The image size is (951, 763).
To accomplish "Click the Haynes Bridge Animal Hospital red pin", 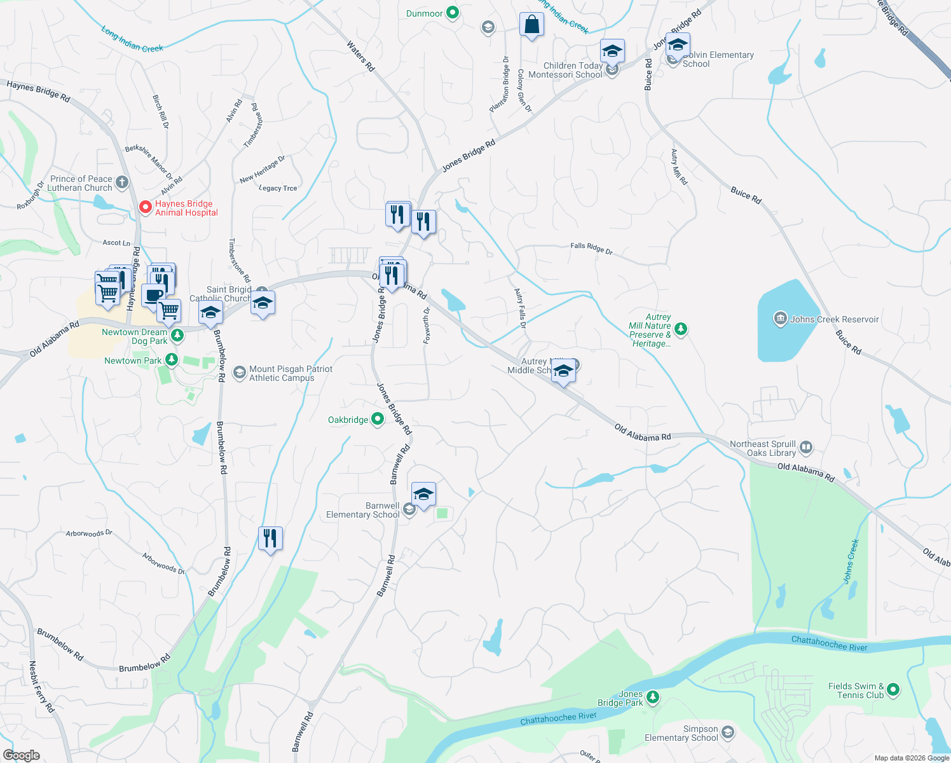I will [x=145, y=207].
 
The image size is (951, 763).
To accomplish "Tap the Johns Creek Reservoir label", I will [x=834, y=319].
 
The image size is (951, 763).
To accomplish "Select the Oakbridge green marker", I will [x=378, y=419].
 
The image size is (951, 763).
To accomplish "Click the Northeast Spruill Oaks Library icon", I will [x=806, y=448].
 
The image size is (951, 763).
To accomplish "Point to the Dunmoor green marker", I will [x=453, y=13].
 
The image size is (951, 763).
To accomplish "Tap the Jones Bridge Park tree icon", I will [x=652, y=698].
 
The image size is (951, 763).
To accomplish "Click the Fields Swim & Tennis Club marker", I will [x=893, y=690].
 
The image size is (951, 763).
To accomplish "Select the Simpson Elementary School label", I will [x=681, y=734].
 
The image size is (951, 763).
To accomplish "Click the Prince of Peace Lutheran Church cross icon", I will [x=122, y=183].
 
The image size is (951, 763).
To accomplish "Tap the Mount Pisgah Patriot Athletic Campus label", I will [x=291, y=373].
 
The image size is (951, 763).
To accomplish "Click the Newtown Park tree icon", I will [x=171, y=360].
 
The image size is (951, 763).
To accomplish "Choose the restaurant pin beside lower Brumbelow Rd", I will [x=270, y=539].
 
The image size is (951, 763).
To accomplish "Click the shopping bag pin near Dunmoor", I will [x=531, y=25].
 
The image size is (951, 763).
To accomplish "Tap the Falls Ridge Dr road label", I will [x=591, y=249].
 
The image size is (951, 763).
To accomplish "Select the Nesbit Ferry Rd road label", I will [x=42, y=687].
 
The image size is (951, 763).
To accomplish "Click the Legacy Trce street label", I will [x=278, y=188].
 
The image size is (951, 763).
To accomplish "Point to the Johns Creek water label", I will [x=851, y=561].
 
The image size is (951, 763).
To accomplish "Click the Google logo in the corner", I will [x=21, y=755].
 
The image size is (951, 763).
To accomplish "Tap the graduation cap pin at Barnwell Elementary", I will [x=423, y=494].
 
